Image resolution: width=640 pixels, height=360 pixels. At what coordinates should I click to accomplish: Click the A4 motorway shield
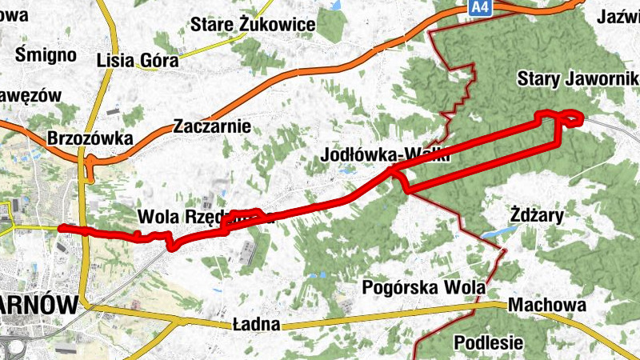point(478,7)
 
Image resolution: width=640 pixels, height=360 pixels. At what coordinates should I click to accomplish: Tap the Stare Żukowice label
point(253,25)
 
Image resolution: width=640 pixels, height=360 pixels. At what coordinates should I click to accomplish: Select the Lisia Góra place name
point(130,60)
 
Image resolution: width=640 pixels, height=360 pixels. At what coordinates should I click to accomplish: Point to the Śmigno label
point(46,54)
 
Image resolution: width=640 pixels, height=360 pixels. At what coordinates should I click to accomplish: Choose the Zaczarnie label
point(212,126)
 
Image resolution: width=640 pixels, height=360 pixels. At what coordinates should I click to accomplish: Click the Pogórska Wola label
point(424,286)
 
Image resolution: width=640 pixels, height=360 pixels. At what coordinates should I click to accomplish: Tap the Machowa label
point(547,305)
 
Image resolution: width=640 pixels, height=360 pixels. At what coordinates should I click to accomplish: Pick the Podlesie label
point(488,342)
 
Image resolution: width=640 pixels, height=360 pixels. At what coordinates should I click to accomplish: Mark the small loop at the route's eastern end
point(573,118)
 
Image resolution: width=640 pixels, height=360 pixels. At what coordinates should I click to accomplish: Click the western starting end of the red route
point(62,229)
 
